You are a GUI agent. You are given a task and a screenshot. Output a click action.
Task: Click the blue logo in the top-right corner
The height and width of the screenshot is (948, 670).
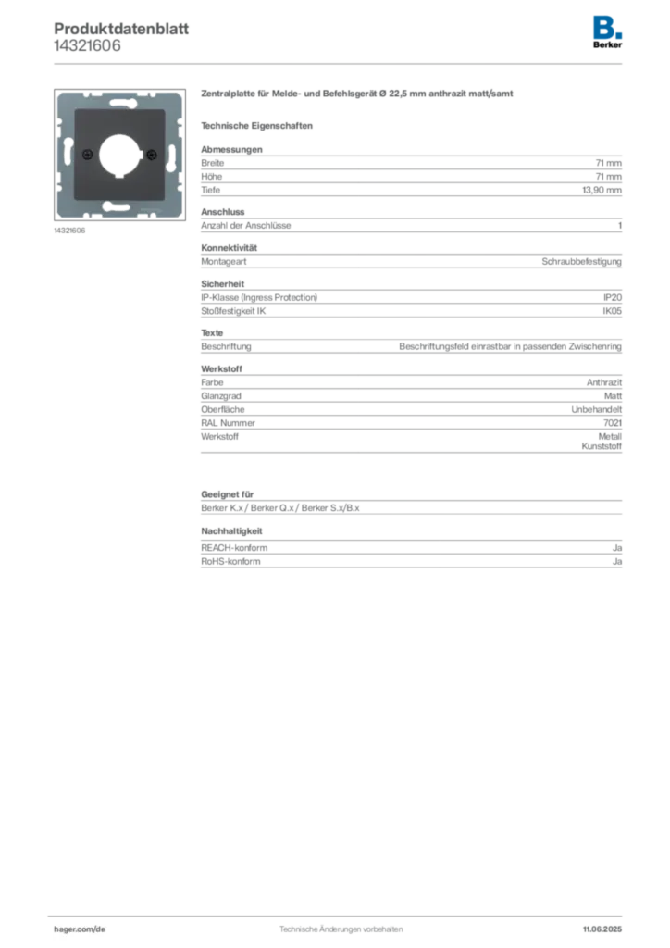pos(608,25)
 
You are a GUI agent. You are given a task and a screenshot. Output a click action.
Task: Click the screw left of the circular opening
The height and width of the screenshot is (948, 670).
pos(86,153)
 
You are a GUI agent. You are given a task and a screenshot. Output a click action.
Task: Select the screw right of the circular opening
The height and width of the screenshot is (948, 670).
pos(151,153)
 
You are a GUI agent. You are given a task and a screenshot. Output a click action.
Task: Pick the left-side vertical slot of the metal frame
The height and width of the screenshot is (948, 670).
pos(68,153)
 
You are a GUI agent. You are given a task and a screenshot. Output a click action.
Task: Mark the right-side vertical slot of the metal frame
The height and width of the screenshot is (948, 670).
pos(172,153)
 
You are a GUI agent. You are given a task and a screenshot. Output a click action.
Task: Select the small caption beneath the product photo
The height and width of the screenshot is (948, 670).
pos(70,231)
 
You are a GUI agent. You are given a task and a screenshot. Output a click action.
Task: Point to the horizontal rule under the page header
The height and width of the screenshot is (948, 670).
pos(340,63)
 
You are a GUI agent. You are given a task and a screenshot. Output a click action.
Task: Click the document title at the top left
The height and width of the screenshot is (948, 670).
pos(121,28)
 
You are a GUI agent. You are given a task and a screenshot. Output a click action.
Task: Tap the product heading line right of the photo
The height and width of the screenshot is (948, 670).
pos(357,94)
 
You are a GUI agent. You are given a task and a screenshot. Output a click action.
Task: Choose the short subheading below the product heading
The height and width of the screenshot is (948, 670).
pos(259,125)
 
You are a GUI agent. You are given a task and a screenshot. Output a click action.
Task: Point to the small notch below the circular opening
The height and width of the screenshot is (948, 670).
pos(118,175)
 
